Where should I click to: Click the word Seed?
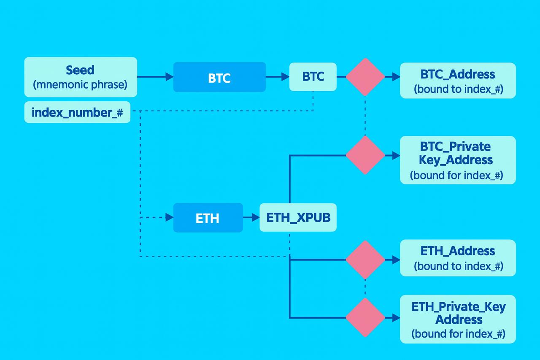(80, 70)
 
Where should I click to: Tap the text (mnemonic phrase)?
(80, 84)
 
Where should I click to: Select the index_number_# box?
(77, 112)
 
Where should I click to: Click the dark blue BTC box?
(219, 77)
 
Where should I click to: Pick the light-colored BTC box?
(313, 77)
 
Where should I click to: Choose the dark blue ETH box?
(208, 218)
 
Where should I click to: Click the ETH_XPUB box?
(298, 217)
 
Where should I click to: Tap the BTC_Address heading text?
(458, 74)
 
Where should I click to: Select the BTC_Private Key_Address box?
(458, 160)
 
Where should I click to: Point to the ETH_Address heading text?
(458, 251)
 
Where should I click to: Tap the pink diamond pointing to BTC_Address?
(365, 77)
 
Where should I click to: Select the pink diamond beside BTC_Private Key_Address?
(365, 155)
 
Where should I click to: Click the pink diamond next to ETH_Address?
(365, 260)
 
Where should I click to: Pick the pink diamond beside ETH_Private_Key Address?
(365, 317)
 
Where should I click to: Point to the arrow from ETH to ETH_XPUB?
(251, 217)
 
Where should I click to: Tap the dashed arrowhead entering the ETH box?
(170, 217)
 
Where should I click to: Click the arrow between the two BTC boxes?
(278, 77)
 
